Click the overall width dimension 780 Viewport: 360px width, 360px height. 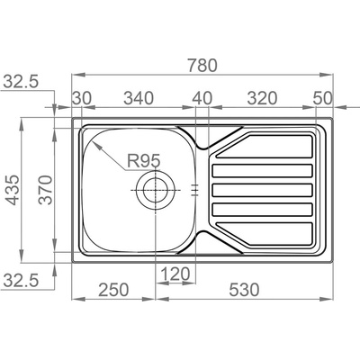pyautogui.click(x=202, y=66)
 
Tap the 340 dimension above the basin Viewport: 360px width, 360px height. pyautogui.click(x=139, y=98)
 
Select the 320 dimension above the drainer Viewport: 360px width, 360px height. pyautogui.click(x=262, y=98)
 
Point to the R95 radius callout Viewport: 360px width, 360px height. pyautogui.click(x=144, y=160)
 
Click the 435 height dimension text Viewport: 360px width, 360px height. pyautogui.click(x=13, y=190)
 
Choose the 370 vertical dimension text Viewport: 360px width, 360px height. pyautogui.click(x=46, y=190)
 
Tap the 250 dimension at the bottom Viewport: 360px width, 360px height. pyautogui.click(x=113, y=290)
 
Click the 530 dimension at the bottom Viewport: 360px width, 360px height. pyautogui.click(x=244, y=290)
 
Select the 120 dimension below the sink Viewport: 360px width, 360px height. pyautogui.click(x=175, y=274)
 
